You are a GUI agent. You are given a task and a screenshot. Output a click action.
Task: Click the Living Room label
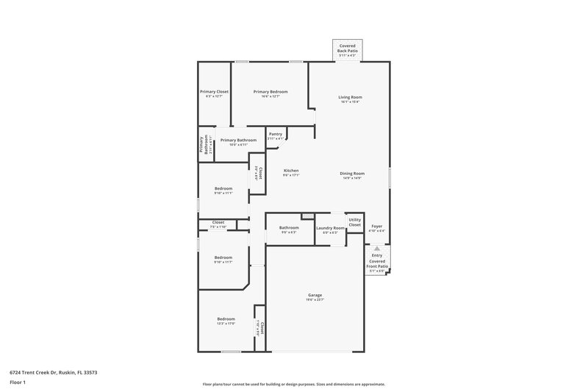(350, 97)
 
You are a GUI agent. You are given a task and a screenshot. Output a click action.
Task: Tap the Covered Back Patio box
(347, 50)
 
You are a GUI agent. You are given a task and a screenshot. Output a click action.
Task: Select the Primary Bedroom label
(270, 92)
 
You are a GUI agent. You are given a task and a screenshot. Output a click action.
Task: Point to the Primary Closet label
(214, 92)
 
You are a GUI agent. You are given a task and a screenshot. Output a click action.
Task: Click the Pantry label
(276, 135)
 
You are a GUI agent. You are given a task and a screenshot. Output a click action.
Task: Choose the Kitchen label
(291, 171)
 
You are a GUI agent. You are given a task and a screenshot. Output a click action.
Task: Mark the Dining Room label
(352, 174)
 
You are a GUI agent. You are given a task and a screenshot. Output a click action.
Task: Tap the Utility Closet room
(355, 222)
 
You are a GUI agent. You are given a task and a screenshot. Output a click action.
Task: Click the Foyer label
(376, 227)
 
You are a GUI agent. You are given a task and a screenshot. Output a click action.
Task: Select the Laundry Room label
(330, 228)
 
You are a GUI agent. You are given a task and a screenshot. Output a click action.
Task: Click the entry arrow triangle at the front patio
(377, 249)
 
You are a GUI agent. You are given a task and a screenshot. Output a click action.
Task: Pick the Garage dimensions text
(315, 299)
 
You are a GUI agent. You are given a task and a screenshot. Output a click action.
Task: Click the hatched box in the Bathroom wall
(308, 215)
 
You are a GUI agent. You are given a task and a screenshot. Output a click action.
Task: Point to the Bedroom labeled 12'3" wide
(226, 319)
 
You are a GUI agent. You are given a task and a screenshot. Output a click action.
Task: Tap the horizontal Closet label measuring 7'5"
(218, 223)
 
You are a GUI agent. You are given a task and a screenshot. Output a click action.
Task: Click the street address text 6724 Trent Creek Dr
(54, 373)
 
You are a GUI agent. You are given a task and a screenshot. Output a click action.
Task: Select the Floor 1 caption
(18, 382)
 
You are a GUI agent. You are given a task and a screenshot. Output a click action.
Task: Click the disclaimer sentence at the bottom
(293, 384)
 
